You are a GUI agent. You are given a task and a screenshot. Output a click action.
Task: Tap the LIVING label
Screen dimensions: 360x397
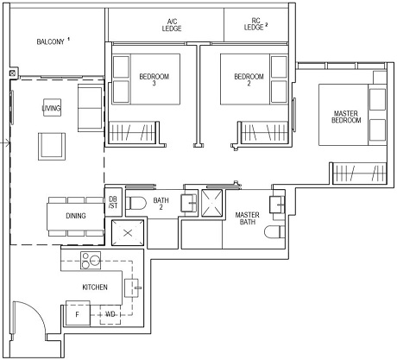(51, 107)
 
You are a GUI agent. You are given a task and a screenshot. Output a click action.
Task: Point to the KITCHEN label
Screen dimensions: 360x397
(94, 286)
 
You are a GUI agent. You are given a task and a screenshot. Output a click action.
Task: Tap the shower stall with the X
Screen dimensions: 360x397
(211, 202)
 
